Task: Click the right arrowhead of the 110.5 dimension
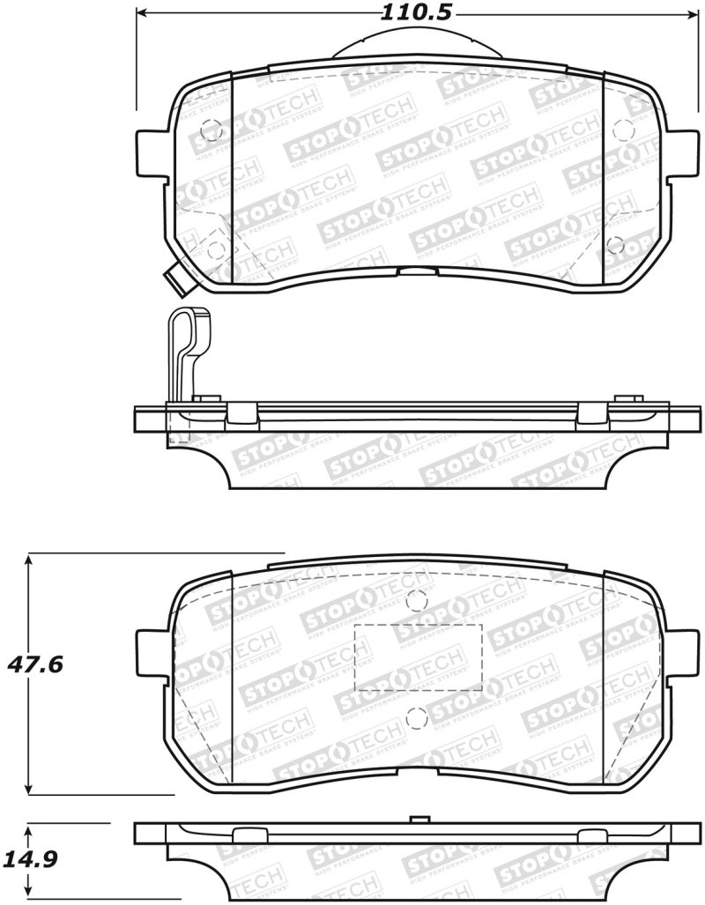coord(688,13)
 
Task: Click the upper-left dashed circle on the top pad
coord(210,129)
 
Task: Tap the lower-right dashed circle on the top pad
coord(616,244)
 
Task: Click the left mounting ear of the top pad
coord(151,155)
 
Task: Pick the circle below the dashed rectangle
coord(417,718)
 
